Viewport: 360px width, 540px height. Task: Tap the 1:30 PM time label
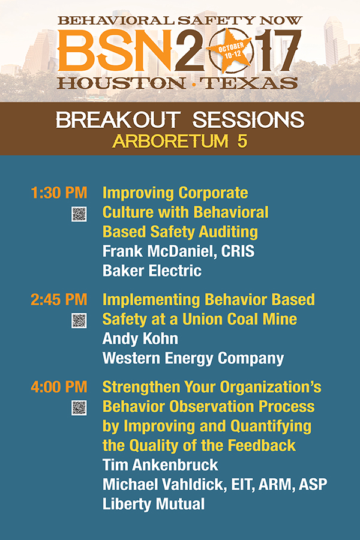(59, 193)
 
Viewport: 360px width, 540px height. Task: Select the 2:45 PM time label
(59, 299)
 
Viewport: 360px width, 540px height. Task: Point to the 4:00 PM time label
(59, 387)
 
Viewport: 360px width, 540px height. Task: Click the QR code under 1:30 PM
(79, 214)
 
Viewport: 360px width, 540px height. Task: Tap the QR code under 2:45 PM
(79, 320)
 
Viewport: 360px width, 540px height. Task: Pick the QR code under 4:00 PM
(79, 408)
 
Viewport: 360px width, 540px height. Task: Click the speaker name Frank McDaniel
(160, 251)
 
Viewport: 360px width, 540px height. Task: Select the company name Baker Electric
(152, 271)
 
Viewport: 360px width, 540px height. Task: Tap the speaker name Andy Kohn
(140, 339)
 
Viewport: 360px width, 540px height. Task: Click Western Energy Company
(193, 359)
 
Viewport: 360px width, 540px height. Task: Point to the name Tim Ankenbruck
(160, 465)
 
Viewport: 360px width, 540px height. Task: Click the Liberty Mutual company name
(154, 504)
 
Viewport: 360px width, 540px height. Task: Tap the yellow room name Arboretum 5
(180, 141)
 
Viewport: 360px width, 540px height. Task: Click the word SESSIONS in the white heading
(248, 120)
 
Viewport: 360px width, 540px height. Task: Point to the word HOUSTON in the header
(121, 83)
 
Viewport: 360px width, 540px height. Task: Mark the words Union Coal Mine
(239, 319)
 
